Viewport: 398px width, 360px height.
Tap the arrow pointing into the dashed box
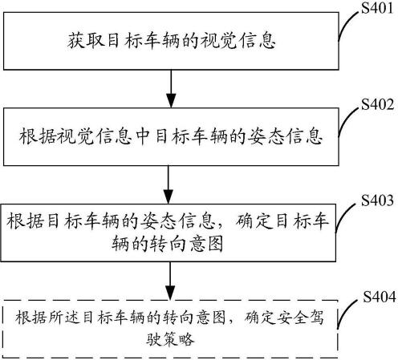[x=171, y=280]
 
